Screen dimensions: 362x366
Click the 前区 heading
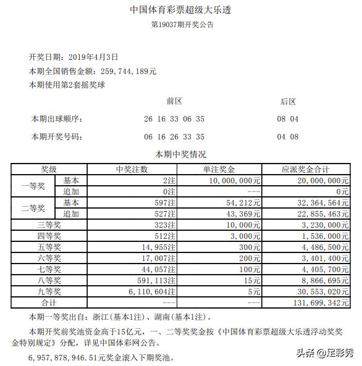click(174, 101)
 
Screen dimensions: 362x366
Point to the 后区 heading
click(288, 101)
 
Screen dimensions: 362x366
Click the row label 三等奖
click(49, 225)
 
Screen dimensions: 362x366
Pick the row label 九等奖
click(49, 291)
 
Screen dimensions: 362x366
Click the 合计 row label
click(49, 303)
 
